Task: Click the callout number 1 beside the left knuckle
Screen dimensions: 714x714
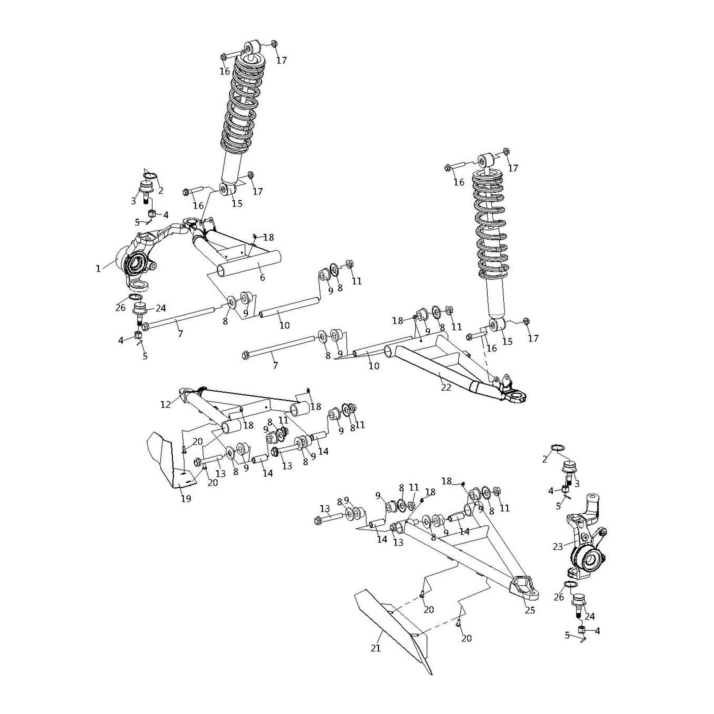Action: [98, 269]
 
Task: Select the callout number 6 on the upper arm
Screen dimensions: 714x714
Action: [262, 278]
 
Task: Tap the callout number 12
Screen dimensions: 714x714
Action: [165, 405]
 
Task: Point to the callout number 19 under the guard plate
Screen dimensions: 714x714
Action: [186, 499]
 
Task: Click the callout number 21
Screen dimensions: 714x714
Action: [376, 648]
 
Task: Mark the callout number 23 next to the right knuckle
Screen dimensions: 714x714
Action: [558, 547]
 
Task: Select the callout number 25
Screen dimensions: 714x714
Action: [530, 610]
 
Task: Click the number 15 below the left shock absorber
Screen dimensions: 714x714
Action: [237, 203]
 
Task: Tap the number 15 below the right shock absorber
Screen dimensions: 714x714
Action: [507, 342]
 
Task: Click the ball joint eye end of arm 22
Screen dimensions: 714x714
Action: [517, 396]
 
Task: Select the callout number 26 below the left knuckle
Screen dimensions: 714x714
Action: [120, 308]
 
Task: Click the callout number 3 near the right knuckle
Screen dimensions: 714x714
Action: [577, 484]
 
